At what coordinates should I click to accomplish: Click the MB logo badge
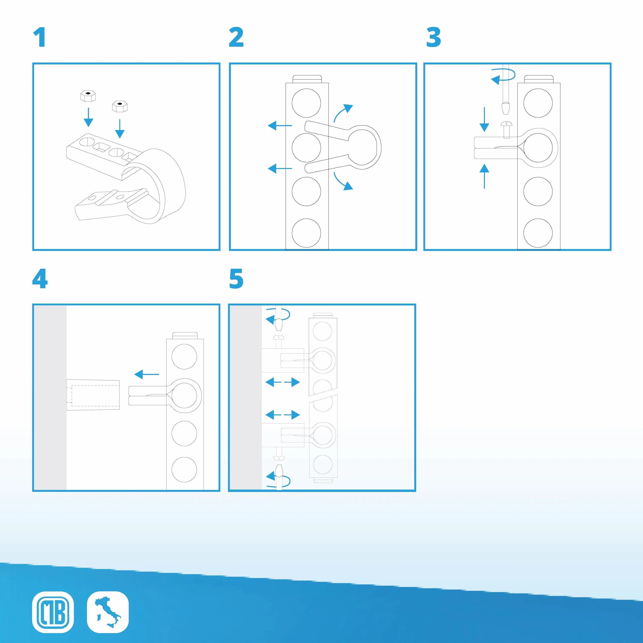[x=53, y=612]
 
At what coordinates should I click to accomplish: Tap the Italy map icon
[x=108, y=612]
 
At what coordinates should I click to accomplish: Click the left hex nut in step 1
[x=88, y=96]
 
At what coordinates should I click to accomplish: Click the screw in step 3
[x=506, y=129]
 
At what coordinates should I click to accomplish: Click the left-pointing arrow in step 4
[x=147, y=375]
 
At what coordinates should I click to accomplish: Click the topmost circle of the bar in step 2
[x=306, y=103]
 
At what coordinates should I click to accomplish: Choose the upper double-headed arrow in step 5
[x=283, y=382]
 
